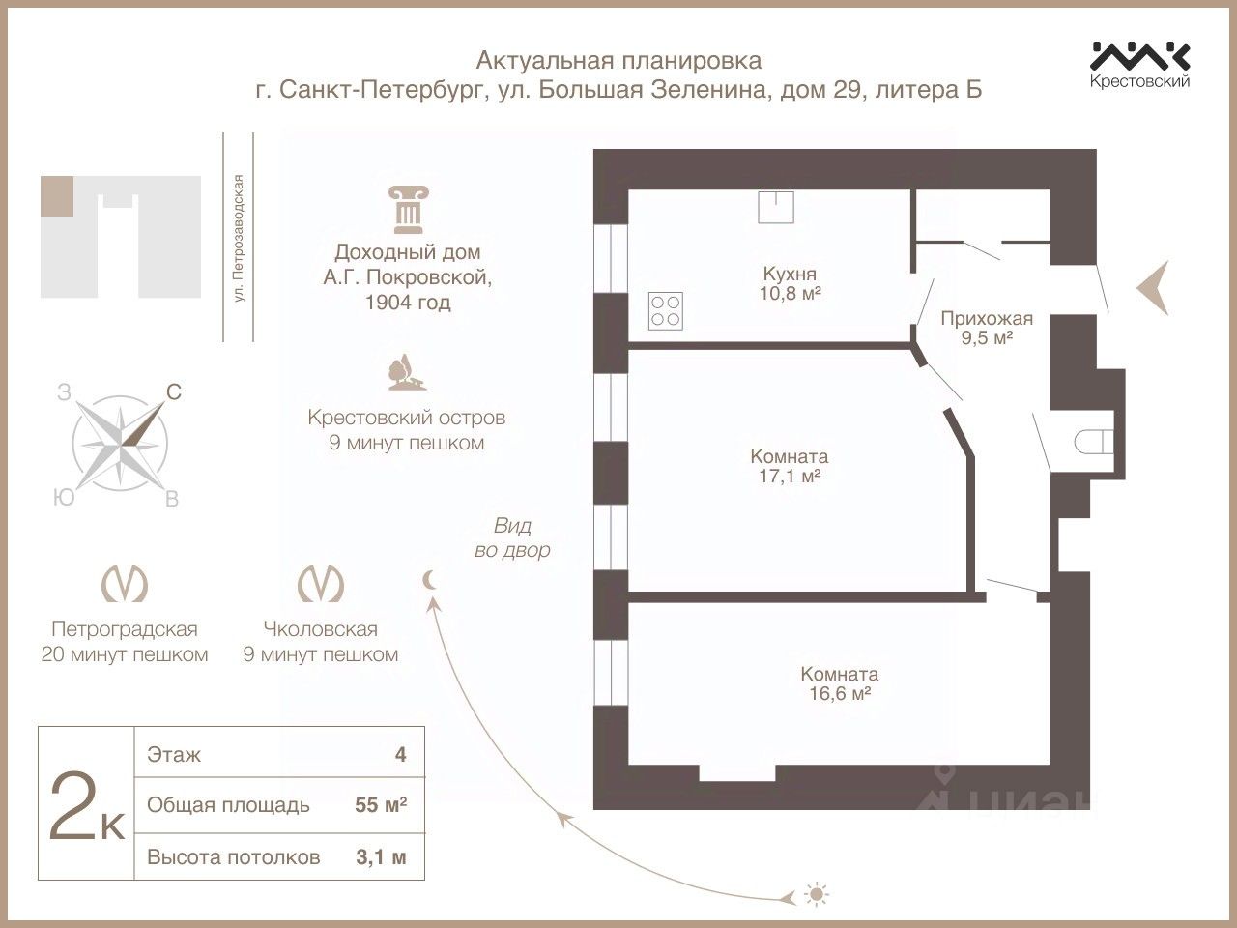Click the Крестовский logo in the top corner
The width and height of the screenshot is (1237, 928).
[1140, 63]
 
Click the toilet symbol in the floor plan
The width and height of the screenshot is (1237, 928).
[1092, 442]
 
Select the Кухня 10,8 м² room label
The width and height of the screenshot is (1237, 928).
[791, 283]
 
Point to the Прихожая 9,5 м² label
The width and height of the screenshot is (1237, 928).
[987, 328]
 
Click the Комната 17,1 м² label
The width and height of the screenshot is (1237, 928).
[790, 466]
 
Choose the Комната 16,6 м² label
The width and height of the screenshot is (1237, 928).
[839, 683]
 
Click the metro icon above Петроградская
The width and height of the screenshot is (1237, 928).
[125, 584]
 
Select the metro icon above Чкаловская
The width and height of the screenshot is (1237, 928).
[320, 584]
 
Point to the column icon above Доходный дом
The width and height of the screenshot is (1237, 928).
[406, 210]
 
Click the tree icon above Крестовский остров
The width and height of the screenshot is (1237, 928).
[405, 373]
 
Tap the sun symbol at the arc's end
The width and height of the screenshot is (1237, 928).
[817, 895]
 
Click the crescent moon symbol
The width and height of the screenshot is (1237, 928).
[430, 579]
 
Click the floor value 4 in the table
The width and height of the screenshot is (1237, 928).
[400, 754]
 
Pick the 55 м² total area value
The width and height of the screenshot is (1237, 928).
[381, 805]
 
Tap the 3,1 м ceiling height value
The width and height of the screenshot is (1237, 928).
[381, 856]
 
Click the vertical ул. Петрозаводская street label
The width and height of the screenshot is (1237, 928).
[239, 238]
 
